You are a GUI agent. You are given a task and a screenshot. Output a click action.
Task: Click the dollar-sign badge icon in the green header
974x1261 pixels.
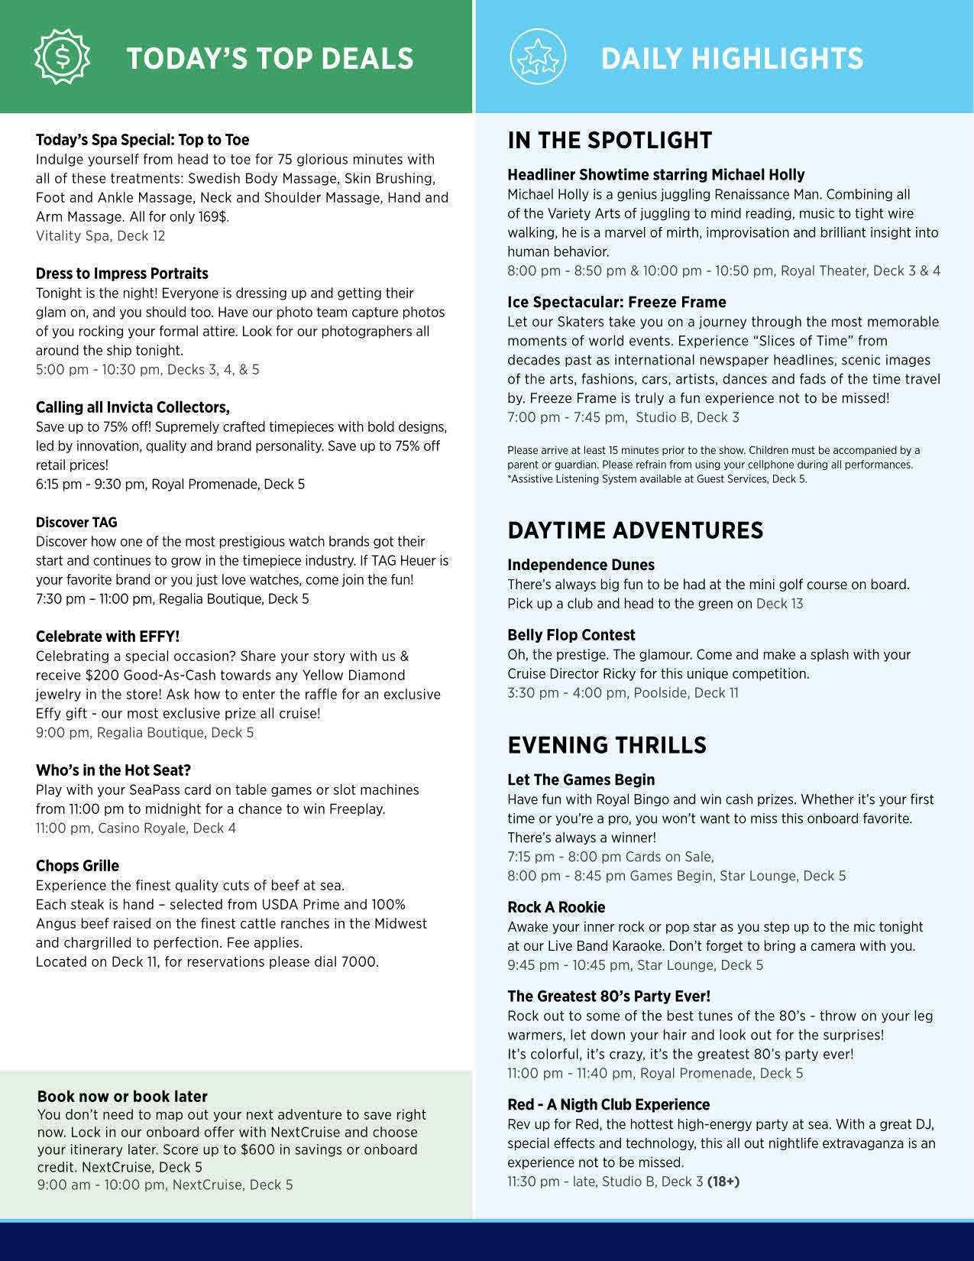(63, 57)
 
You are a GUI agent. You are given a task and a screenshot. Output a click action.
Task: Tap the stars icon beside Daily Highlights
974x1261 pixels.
(538, 57)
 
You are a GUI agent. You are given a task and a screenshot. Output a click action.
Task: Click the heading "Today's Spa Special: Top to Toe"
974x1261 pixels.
(142, 140)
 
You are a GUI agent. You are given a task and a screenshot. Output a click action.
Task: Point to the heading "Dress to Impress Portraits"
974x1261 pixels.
(121, 274)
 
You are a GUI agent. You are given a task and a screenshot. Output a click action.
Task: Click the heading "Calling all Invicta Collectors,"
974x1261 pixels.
(132, 407)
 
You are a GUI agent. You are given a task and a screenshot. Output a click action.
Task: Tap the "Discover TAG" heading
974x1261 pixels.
(76, 523)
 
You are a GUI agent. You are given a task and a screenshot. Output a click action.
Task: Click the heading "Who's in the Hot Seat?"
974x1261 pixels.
(113, 770)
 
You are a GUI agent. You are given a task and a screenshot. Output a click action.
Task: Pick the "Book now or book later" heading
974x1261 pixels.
(122, 1097)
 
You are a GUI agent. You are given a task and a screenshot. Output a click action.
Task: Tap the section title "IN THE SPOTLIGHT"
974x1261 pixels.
(609, 141)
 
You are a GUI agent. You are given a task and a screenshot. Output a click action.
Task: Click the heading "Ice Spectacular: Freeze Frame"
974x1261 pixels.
(616, 303)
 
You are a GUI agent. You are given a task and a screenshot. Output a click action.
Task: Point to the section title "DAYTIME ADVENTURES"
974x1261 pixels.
(635, 530)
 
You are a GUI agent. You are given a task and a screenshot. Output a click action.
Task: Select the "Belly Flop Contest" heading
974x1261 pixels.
(571, 635)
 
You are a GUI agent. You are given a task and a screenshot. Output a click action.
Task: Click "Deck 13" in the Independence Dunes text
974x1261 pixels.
(779, 604)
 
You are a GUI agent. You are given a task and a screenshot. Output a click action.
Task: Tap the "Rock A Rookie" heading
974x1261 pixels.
(556, 908)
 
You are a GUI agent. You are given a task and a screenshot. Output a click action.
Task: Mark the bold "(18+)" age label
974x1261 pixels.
(723, 1182)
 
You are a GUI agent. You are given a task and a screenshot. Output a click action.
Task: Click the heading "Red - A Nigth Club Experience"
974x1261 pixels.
(608, 1105)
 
